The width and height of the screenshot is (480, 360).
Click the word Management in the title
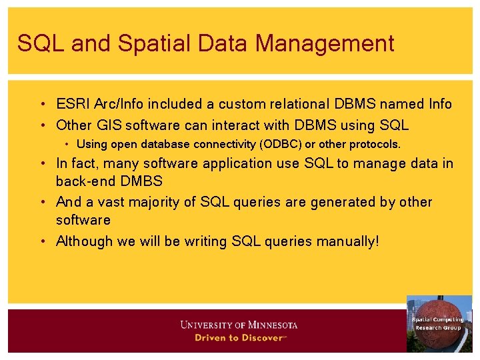point(325,43)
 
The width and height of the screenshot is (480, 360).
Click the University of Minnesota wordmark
point(239,325)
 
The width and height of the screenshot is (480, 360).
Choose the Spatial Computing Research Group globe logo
point(439,323)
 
